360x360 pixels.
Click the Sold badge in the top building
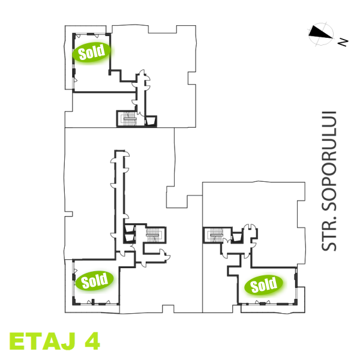click(x=92, y=53)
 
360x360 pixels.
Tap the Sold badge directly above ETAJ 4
click(x=94, y=281)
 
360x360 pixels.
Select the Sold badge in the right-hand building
click(x=263, y=284)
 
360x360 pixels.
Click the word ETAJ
click(x=43, y=341)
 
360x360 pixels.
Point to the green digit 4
click(x=92, y=341)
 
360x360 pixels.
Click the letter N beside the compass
click(x=343, y=42)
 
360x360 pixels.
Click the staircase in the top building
click(x=129, y=118)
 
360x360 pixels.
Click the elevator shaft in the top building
click(x=151, y=121)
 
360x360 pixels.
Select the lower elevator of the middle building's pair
click(x=130, y=238)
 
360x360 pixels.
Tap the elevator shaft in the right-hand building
click(x=237, y=236)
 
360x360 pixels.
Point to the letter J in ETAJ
click(x=67, y=341)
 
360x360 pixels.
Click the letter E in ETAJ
click(x=17, y=341)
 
